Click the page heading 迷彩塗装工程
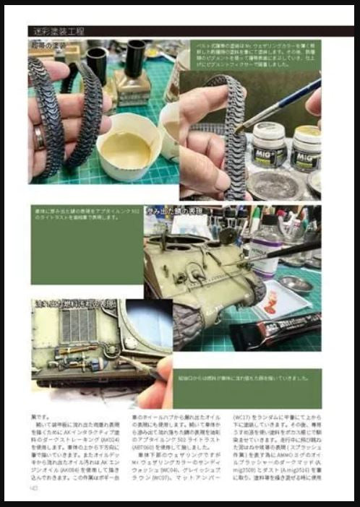point(59,32)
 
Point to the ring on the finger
point(41,136)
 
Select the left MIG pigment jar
point(269,145)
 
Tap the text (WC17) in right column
point(244,417)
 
